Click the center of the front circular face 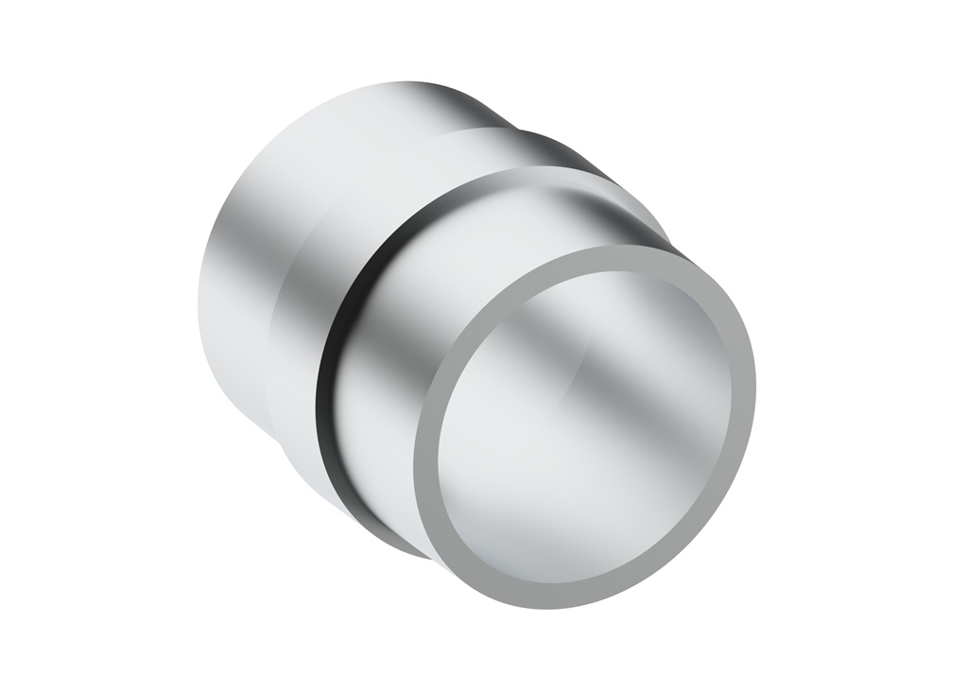[x=586, y=425]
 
